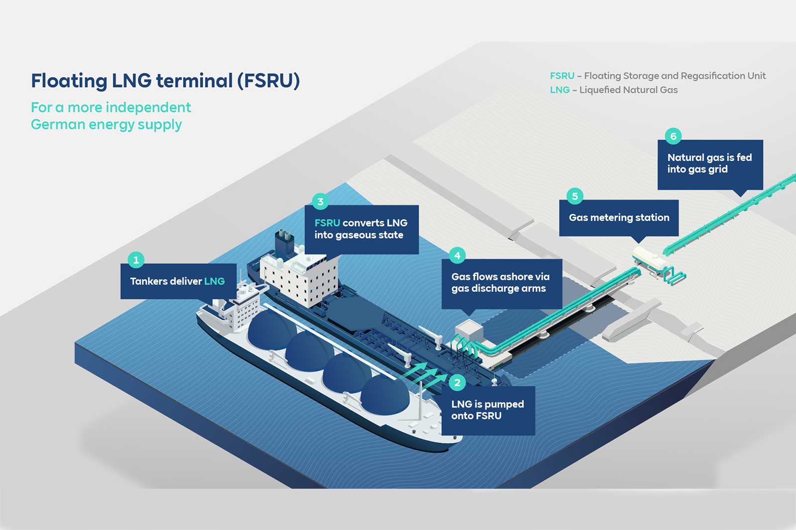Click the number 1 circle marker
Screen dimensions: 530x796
136,260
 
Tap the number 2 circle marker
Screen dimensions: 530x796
457,382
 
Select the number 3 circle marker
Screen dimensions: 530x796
320,201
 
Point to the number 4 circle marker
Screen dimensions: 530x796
457,256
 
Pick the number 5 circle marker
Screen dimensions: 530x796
575,196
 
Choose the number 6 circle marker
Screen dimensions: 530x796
673,136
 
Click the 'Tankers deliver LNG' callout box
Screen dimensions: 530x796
178,281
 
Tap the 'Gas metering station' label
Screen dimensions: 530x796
619,218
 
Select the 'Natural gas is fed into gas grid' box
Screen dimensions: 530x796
710,164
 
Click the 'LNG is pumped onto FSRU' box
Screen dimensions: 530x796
488,410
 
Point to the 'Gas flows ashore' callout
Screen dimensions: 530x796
501,283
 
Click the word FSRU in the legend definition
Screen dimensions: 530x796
562,76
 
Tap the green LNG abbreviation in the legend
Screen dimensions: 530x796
560,90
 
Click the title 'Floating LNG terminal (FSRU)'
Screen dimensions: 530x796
165,81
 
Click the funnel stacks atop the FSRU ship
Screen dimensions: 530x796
286,239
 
